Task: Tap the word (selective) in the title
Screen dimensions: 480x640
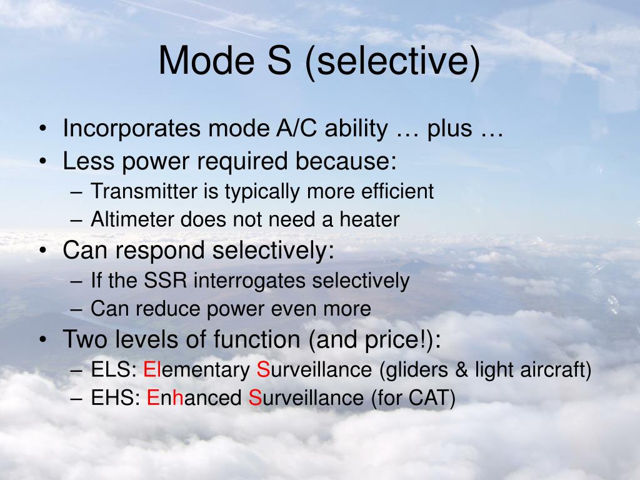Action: (393, 62)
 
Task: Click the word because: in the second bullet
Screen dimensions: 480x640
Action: (346, 162)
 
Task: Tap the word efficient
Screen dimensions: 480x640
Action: (397, 191)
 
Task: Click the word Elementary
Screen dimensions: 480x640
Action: (197, 370)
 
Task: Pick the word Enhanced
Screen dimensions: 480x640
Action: (194, 398)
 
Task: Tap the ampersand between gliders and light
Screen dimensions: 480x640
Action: (462, 370)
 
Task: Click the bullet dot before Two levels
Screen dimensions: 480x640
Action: (42, 341)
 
